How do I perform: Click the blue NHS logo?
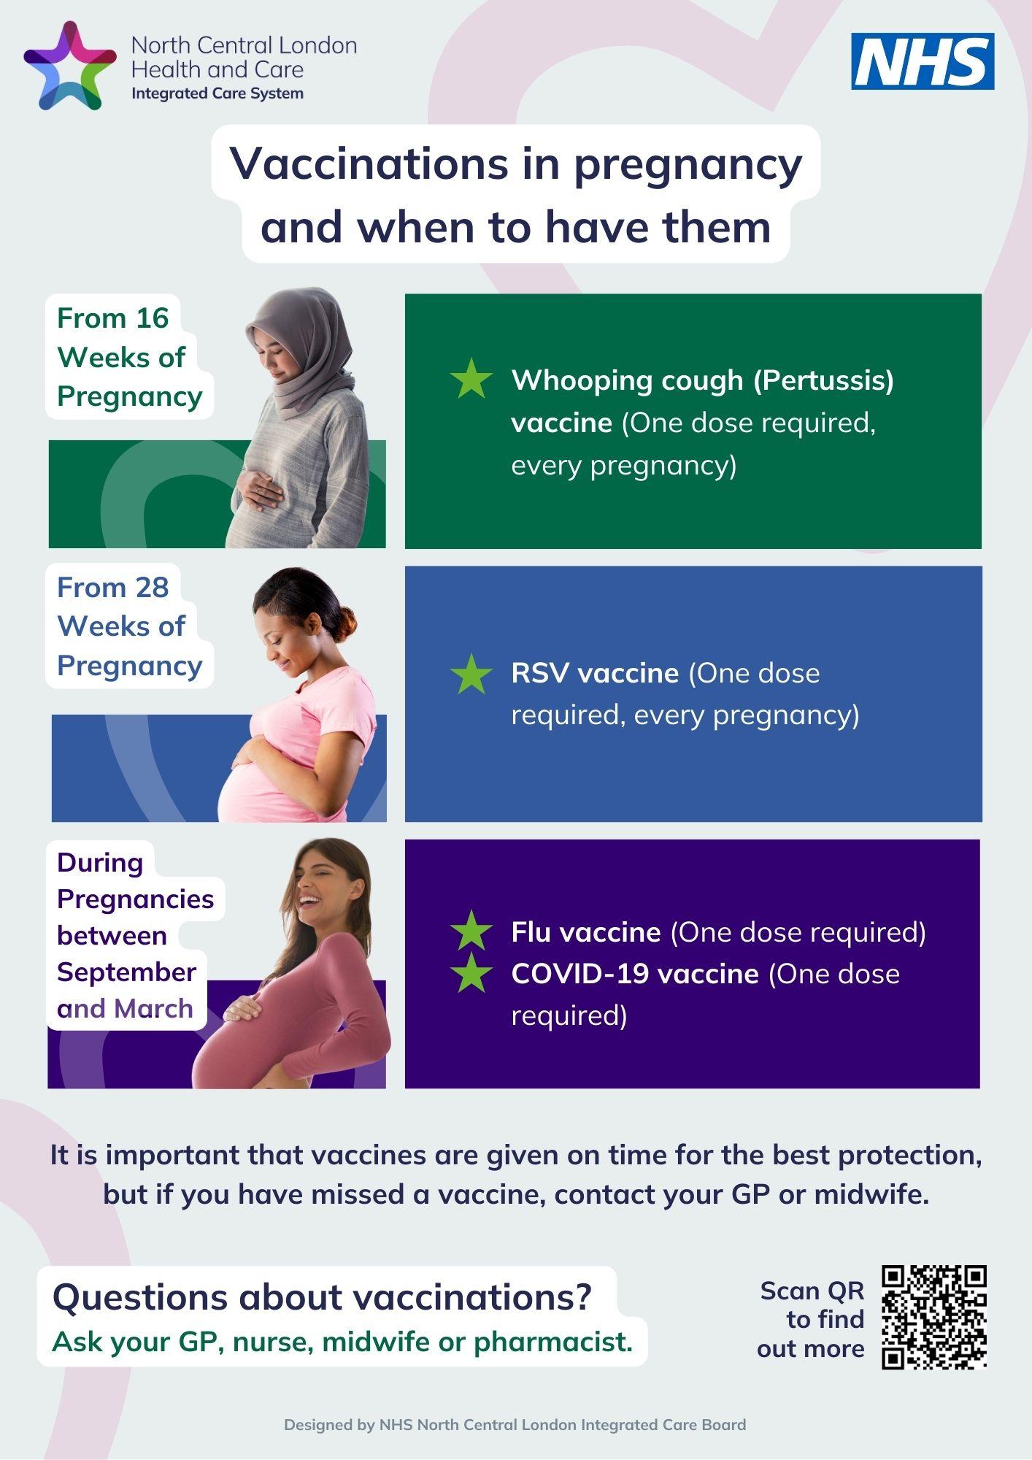(x=923, y=61)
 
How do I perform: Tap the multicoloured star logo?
(x=70, y=66)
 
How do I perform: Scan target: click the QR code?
(x=934, y=1317)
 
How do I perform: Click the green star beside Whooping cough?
(x=471, y=378)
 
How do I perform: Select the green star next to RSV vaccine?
(x=471, y=673)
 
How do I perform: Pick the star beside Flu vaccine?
(x=471, y=930)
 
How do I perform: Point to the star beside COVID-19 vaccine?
(x=471, y=972)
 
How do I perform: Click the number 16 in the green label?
(x=152, y=318)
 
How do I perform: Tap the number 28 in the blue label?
(x=151, y=588)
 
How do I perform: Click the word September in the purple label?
(x=126, y=972)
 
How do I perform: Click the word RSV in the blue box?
(x=540, y=673)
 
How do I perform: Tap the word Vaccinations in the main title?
(x=369, y=164)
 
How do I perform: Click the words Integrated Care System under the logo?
(x=217, y=94)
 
